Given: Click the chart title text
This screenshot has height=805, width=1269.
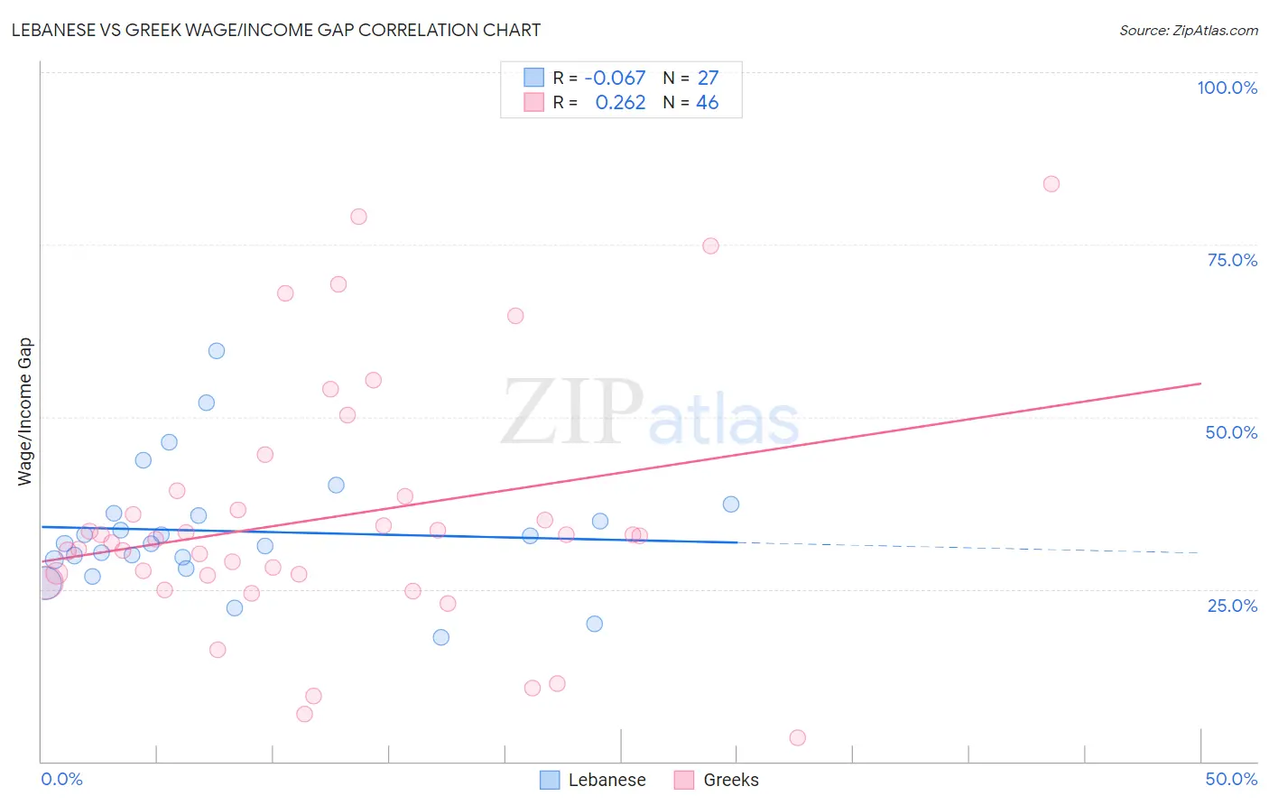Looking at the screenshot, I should coord(276,30).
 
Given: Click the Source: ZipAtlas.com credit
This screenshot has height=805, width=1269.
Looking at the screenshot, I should coord(1188,31).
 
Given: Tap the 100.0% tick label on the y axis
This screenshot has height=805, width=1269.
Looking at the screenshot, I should coord(1227,88).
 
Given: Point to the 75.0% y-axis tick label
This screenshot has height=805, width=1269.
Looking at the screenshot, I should coord(1232,260).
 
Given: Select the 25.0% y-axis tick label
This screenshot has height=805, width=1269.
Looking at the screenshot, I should coord(1232,605).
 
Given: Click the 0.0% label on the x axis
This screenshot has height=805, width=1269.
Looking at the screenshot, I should coord(61,779).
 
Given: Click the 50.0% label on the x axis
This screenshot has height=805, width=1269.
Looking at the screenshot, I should coord(1231,779).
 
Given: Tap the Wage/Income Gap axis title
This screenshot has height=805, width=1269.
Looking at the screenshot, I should coord(25,412).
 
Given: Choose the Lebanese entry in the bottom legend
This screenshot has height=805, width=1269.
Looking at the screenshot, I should coord(607,780).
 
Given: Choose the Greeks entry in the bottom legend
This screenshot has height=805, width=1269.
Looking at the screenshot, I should coord(730,780).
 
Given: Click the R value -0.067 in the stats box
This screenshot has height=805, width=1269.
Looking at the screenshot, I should coord(615,79).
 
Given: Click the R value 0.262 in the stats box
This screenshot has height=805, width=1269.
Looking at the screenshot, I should coord(620,103).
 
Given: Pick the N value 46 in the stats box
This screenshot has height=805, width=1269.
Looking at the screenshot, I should coord(707,103).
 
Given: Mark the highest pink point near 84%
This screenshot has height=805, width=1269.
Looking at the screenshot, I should coord(1051,184).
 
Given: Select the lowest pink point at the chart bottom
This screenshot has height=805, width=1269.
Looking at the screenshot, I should coord(797,737).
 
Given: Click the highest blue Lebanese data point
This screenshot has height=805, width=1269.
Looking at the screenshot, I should coord(217,351).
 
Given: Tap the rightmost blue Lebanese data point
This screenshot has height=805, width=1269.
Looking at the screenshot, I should coord(731,504).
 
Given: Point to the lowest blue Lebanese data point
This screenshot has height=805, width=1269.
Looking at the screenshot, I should coord(440,637).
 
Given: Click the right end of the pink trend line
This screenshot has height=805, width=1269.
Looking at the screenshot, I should coord(1200,384).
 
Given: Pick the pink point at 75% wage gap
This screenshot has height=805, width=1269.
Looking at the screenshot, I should coord(710,246).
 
